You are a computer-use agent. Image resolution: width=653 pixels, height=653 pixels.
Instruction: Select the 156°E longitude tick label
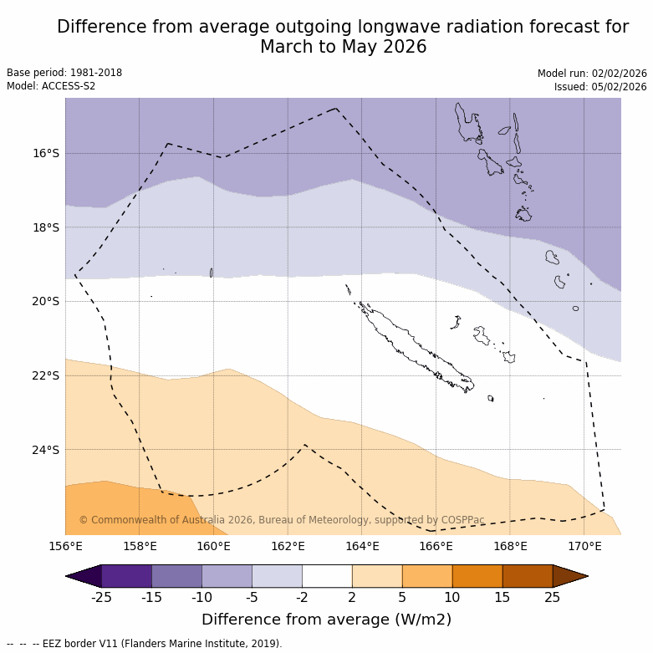pos(65,547)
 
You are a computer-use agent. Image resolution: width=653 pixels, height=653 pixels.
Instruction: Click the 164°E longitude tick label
pos(362,547)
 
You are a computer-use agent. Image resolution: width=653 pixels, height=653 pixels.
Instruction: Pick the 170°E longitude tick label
pos(584,547)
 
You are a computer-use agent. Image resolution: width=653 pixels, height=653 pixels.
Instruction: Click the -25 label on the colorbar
pos(101,597)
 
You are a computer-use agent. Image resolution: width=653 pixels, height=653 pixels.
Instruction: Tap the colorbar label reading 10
pos(452,597)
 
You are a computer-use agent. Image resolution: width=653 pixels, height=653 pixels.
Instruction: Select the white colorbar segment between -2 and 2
pos(327,576)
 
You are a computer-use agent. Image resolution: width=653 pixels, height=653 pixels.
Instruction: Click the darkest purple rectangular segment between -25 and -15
pos(126,576)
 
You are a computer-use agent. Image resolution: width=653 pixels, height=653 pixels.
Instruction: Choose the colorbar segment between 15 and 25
pos(528,576)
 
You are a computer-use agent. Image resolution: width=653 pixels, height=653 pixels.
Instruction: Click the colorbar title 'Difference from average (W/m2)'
pos(326,620)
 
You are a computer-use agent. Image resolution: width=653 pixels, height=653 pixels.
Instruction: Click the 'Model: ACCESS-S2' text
pos(51,86)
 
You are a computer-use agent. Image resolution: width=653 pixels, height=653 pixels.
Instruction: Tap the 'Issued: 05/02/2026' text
pos(600,87)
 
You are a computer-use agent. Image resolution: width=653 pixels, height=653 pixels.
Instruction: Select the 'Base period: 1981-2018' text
pos(64,73)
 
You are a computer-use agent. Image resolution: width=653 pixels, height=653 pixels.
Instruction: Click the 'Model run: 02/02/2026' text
pos(592,74)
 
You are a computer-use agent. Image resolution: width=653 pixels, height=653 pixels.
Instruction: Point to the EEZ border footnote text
pos(144,644)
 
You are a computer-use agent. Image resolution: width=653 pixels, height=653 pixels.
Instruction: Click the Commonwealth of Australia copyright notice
pos(282,520)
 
